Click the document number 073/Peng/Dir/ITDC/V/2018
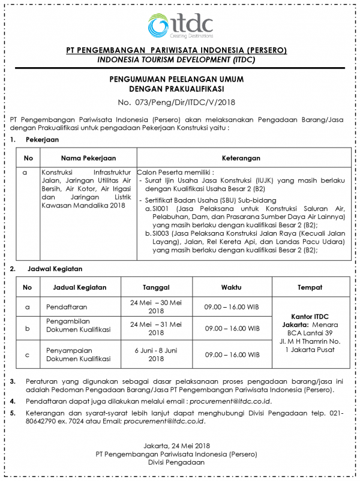coord(180,102)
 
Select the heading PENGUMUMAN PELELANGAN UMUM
coord(180,79)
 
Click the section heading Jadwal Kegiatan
coord(54,269)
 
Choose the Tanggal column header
coord(156,287)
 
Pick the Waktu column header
coord(232,287)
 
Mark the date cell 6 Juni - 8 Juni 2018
coord(156,354)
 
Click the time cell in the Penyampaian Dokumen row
coord(232,354)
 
